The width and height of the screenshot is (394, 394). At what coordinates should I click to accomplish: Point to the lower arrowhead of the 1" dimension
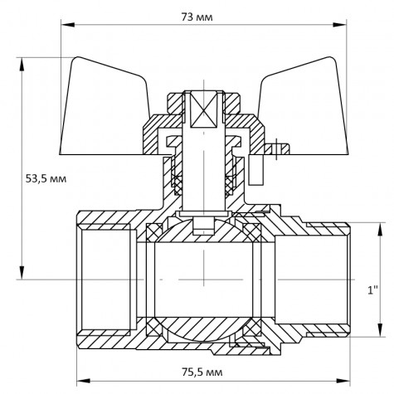(x=383, y=335)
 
